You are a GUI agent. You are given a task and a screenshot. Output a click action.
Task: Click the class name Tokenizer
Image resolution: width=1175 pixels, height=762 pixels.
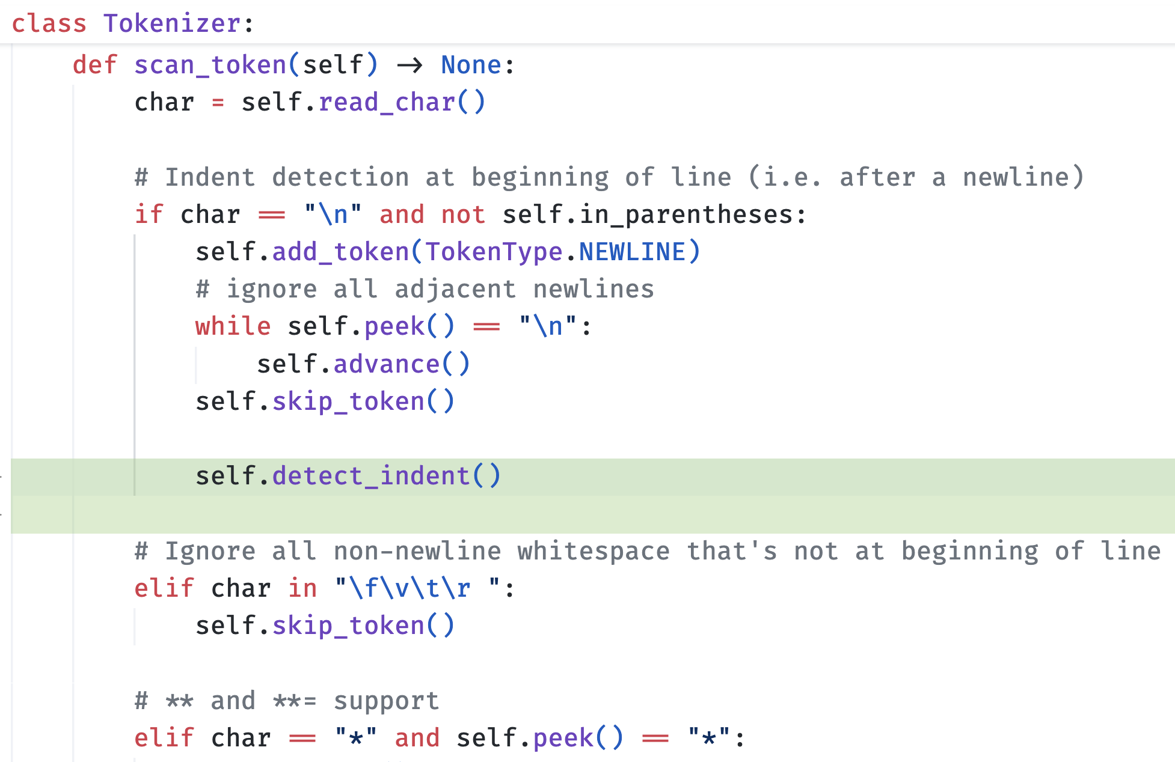pos(173,23)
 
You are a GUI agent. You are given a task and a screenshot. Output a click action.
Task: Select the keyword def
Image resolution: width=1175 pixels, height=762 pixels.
pos(95,65)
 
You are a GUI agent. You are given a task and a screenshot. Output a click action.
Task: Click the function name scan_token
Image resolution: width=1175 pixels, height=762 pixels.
pos(210,65)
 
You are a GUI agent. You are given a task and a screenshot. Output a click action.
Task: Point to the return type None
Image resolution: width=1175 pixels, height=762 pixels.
pos(471,65)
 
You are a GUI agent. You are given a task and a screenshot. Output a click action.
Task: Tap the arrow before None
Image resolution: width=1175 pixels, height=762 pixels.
pos(410,65)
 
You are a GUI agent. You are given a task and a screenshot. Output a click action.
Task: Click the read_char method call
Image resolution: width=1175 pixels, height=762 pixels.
pos(387,102)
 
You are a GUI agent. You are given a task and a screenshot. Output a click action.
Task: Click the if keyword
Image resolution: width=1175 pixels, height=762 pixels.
pos(149,215)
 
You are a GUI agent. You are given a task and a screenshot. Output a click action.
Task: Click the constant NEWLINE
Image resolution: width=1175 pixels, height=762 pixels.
pos(632,252)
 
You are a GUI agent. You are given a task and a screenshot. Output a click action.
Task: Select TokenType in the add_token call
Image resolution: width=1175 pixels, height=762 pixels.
pos(494,252)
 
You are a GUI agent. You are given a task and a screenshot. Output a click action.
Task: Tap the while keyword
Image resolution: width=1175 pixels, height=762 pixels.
pos(233,326)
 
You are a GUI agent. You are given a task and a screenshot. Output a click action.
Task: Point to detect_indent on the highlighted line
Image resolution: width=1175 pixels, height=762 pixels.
pos(371,476)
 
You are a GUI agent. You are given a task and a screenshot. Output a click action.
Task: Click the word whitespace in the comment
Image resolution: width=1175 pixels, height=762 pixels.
pos(594,551)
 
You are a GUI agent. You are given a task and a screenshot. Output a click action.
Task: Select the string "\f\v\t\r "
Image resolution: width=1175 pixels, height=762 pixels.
pos(417,588)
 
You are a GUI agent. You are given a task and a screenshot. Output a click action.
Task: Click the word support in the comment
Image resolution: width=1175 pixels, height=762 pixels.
pos(386,701)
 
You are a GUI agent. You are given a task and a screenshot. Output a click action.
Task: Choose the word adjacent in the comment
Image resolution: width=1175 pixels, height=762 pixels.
pos(455,289)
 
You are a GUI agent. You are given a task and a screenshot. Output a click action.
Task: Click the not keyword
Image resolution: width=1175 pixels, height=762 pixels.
pos(463,215)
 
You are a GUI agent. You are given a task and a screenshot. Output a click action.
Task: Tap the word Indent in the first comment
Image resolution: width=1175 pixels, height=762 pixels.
pos(210,177)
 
